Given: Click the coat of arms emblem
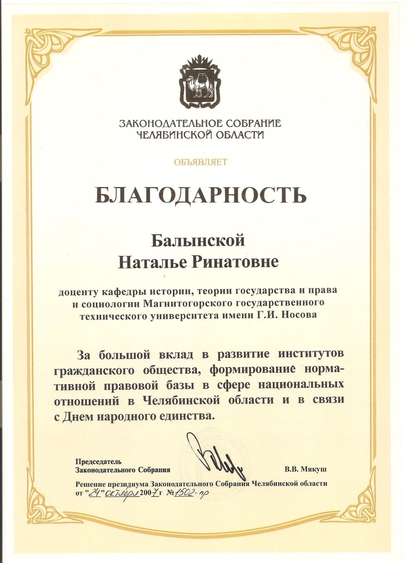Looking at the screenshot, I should pos(201,82).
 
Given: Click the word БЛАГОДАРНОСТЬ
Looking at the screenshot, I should pos(201,195).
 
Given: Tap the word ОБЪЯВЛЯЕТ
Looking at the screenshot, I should pos(201,162).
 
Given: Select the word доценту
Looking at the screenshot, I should pos(78,292).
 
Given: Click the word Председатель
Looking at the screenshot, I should pos(94,460).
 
